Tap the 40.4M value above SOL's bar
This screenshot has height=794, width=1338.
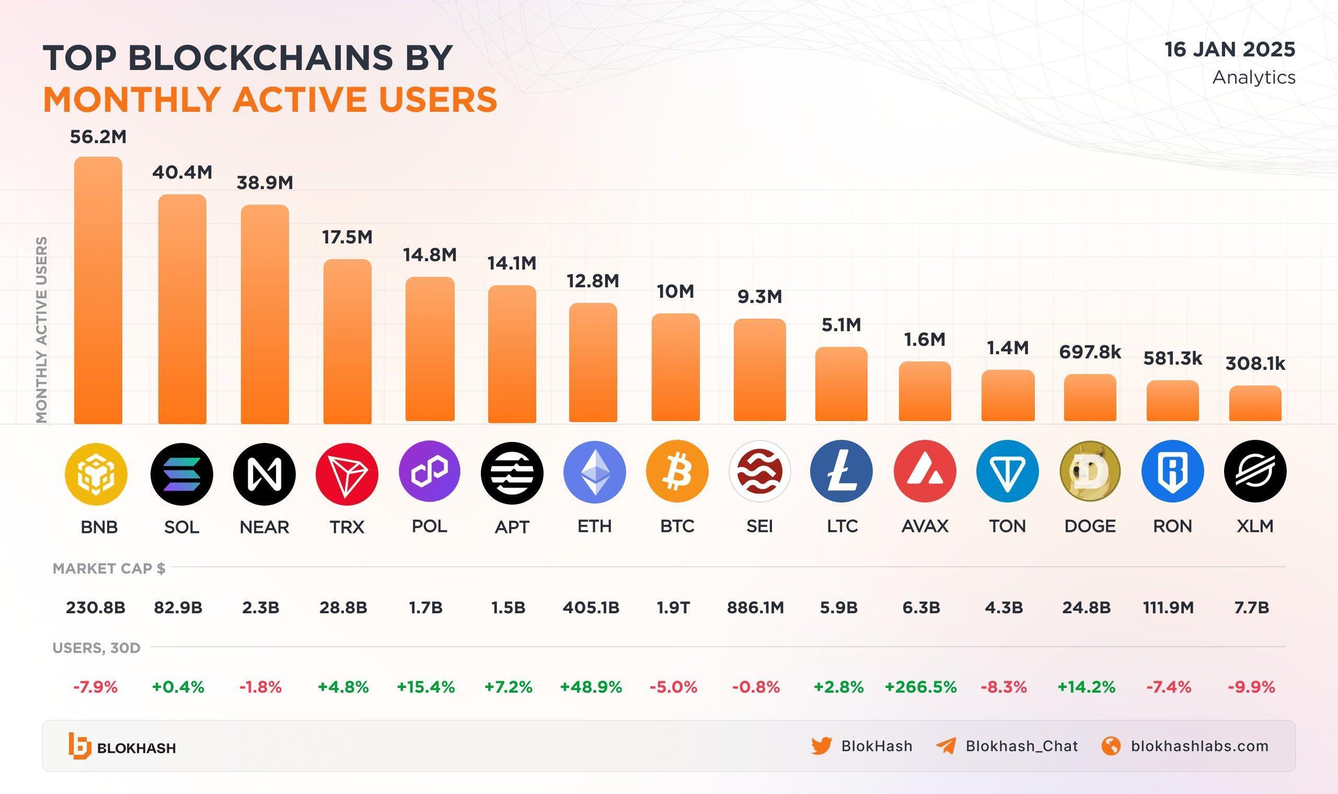coord(182,172)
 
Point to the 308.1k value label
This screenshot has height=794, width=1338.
coord(1255,364)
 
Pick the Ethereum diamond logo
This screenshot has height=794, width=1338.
coord(594,472)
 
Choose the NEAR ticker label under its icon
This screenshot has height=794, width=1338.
coord(264,527)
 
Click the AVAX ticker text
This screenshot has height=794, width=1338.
coord(924,527)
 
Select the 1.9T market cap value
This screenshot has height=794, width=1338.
coord(673,608)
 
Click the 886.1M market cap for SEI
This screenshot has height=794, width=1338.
coord(755,608)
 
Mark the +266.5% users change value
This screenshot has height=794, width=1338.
coord(920,687)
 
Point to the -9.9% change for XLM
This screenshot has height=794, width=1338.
coord(1251,687)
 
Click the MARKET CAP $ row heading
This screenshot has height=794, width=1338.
coord(109,568)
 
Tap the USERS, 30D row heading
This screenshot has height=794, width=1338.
coord(96,648)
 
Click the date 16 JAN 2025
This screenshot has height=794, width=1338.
coord(1230,50)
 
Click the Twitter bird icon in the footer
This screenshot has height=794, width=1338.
coord(821,746)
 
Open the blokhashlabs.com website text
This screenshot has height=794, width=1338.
coord(1199,746)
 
